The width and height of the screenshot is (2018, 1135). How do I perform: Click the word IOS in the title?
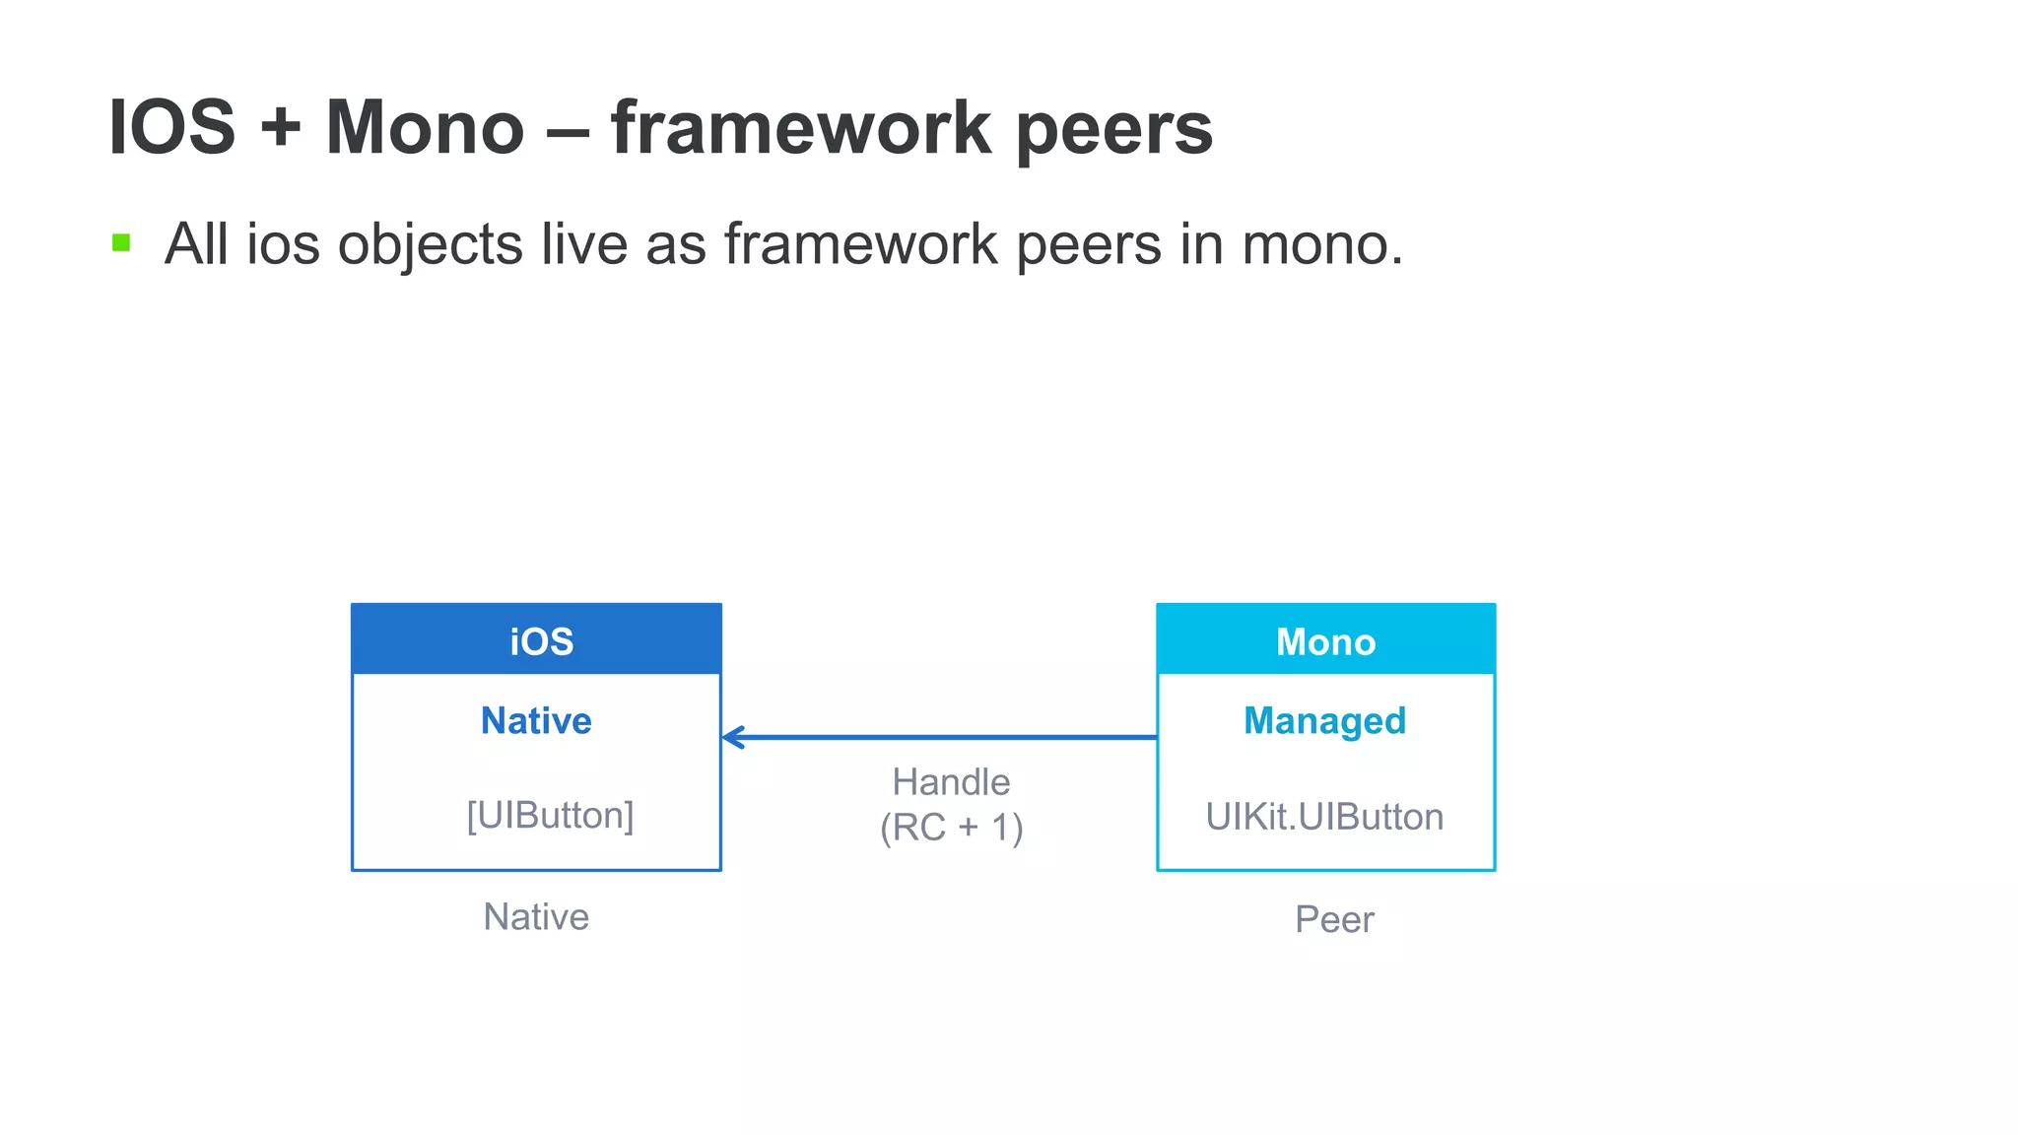click(172, 127)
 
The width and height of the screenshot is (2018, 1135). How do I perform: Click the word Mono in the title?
click(425, 127)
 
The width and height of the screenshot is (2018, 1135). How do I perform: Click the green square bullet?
click(121, 242)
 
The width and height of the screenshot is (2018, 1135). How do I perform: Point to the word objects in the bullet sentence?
click(430, 244)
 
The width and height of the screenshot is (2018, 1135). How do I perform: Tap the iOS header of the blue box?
click(541, 641)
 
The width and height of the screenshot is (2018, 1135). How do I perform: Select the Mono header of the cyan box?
click(1325, 641)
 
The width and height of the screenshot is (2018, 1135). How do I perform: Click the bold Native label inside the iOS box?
click(536, 720)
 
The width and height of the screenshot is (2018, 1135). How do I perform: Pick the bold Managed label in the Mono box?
click(1324, 721)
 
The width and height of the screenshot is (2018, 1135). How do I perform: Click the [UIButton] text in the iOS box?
click(550, 815)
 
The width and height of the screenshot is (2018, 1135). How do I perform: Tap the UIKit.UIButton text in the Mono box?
click(1324, 817)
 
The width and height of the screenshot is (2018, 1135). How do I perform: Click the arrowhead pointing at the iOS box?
click(733, 737)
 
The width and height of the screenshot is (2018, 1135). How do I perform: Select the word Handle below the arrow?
click(951, 782)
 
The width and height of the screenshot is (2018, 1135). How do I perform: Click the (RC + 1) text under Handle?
click(951, 828)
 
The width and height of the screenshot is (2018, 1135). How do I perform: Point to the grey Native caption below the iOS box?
click(536, 917)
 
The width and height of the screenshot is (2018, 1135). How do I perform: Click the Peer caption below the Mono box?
click(1334, 919)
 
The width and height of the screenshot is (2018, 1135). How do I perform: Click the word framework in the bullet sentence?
click(860, 244)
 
